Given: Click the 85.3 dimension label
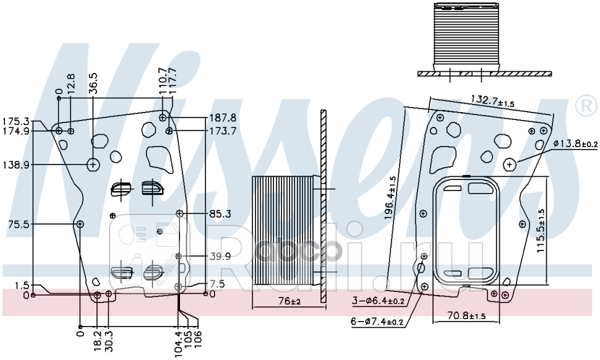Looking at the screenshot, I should [x=220, y=214].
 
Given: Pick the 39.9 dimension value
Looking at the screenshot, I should [x=220, y=256].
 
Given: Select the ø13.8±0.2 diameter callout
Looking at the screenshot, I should [x=575, y=144].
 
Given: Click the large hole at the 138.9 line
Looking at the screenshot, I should [x=93, y=165].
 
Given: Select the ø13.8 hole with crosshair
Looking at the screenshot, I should [x=510, y=164].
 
